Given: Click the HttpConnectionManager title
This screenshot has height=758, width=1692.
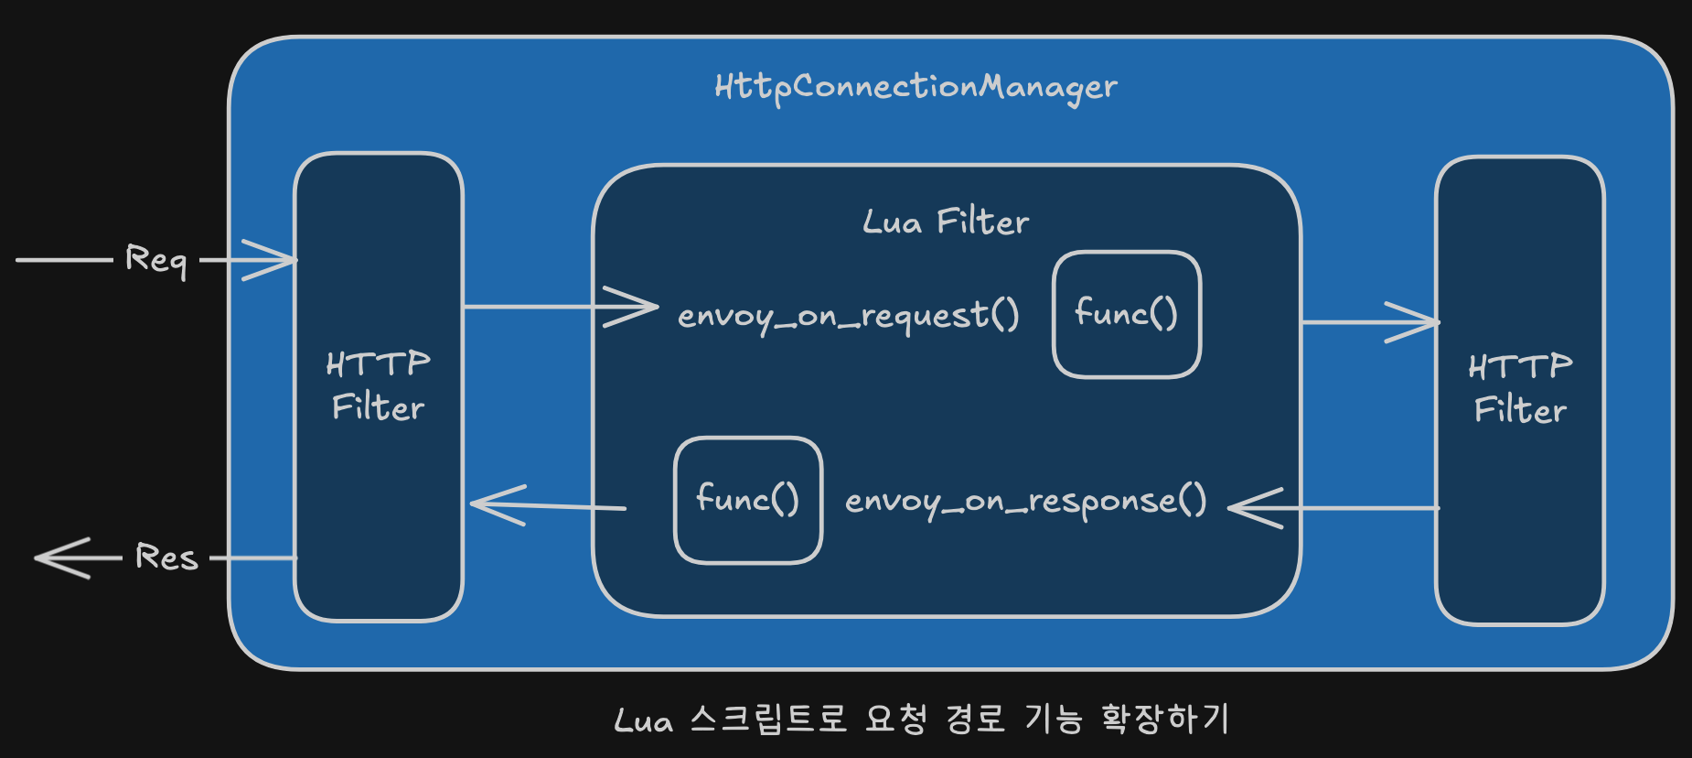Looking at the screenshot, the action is (x=916, y=88).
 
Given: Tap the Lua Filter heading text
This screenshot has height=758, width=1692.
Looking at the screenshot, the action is (x=946, y=222).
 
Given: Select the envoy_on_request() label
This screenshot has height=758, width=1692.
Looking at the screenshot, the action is (x=848, y=316).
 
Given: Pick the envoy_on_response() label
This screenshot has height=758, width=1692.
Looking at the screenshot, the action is (x=1025, y=502).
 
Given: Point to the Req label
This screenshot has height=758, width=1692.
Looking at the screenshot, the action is (x=156, y=260).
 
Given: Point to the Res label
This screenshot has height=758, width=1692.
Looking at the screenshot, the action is (x=166, y=557).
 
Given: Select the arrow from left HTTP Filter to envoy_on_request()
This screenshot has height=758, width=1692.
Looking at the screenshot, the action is (x=561, y=307).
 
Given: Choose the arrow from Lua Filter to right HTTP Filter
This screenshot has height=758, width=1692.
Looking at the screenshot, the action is (x=1370, y=322).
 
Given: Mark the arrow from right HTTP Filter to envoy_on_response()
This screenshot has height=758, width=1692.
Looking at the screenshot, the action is (x=1333, y=508).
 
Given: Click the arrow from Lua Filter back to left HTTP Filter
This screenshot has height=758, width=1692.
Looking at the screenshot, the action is (x=548, y=505).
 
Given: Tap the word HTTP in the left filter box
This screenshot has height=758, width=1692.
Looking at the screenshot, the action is (x=378, y=364).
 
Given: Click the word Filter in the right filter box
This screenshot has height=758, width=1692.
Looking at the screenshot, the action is (x=1520, y=410).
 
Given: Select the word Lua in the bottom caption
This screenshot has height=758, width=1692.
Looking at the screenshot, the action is (x=644, y=720).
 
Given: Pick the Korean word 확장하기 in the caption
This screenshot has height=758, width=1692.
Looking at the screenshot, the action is (x=1165, y=719).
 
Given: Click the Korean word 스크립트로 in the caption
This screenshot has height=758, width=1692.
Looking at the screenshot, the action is (x=768, y=719).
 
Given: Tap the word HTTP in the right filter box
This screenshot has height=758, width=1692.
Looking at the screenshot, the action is (x=1520, y=367).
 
